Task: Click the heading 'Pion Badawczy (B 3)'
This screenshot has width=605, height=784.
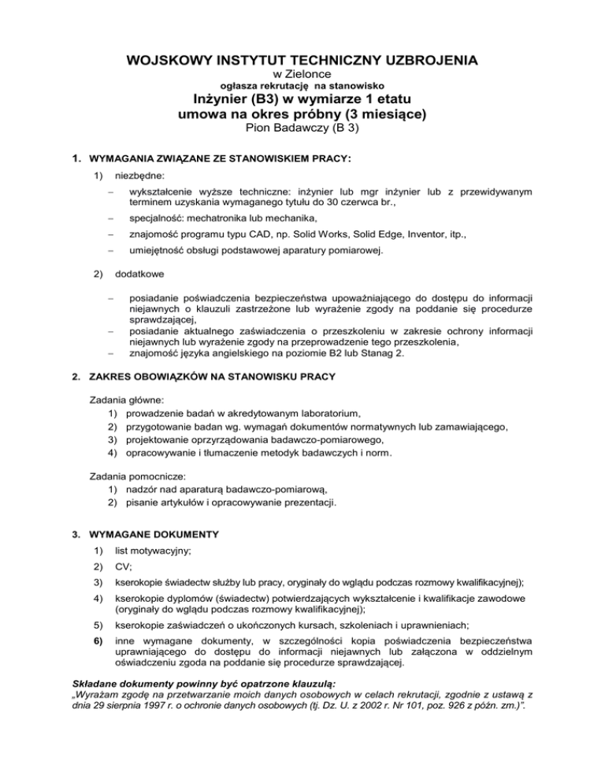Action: (x=302, y=129)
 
